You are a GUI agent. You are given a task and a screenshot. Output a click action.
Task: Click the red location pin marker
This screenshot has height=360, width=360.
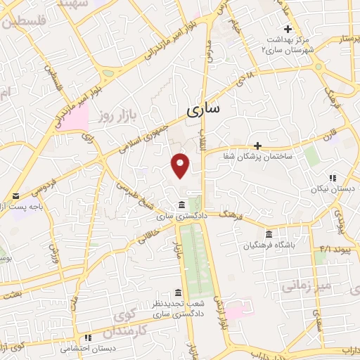[x=181, y=165]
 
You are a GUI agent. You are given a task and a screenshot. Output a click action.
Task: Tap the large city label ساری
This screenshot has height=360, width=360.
[x=205, y=109]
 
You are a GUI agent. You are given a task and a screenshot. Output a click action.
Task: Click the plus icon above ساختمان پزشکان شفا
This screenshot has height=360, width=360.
[x=258, y=146]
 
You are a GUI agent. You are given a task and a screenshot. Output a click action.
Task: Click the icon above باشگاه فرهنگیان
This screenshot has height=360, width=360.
[x=269, y=234]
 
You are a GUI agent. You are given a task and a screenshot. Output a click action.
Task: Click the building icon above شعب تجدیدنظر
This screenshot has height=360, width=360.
[x=177, y=292]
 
